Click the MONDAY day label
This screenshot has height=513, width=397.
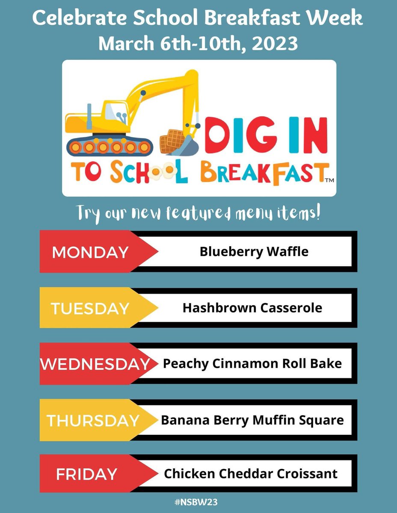coord(90,252)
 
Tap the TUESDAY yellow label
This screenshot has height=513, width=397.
coord(90,308)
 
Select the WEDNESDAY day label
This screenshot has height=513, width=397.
coord(95,364)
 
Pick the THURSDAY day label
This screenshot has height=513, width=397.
coord(93,420)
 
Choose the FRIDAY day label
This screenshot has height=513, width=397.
coord(86,474)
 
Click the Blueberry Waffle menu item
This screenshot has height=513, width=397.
coord(254,251)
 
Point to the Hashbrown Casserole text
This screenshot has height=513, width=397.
coord(252,308)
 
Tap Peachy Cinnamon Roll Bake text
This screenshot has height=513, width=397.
coord(252,364)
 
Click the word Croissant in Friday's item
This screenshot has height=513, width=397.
coord(311,474)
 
